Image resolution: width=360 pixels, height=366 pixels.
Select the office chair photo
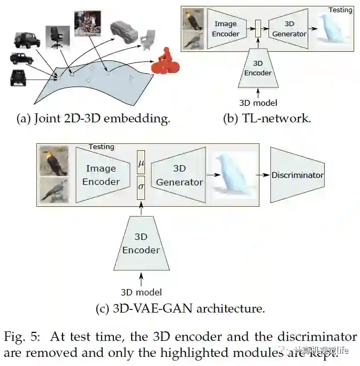[57, 37]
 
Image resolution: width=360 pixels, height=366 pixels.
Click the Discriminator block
[297, 175]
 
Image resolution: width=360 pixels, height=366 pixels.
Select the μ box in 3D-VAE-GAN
[141, 162]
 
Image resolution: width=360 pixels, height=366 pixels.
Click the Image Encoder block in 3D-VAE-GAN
[101, 175]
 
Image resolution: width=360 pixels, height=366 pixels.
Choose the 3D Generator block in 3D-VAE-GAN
[180, 175]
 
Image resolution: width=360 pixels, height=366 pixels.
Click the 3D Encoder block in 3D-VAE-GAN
[141, 245]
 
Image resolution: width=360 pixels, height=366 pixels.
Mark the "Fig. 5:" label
[22, 337]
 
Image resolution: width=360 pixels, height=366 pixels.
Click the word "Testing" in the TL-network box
[340, 10]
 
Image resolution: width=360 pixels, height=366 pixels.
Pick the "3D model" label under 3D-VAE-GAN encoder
[141, 292]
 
